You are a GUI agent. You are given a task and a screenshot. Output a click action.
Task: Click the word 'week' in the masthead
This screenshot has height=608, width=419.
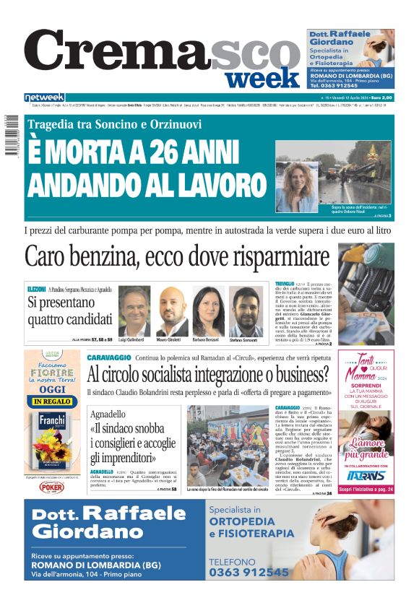click(x=262, y=77)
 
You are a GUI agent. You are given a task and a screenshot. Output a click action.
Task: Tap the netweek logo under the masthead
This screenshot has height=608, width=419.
click(x=44, y=97)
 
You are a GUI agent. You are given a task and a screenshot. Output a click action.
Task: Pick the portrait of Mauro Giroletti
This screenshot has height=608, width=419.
click(x=171, y=311)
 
